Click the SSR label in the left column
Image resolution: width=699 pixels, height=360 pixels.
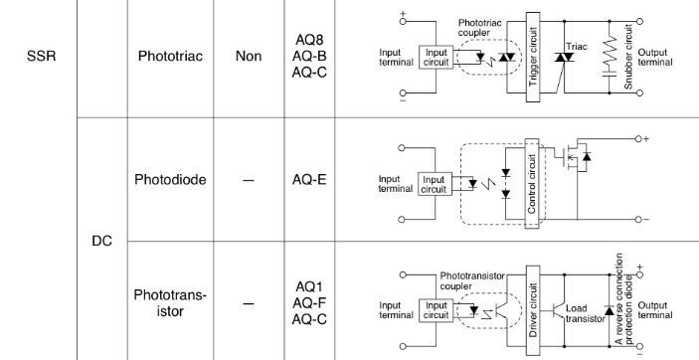click(x=42, y=57)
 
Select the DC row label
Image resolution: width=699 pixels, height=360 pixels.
click(x=101, y=241)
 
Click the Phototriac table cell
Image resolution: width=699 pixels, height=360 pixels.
click(x=170, y=57)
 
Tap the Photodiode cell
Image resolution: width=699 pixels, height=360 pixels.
click(x=170, y=179)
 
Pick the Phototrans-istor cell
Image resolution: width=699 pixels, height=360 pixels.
click(x=170, y=303)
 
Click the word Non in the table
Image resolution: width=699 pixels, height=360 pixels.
click(x=249, y=57)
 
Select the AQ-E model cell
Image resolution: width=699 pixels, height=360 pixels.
click(x=309, y=179)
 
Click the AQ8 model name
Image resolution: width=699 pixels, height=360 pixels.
click(x=309, y=40)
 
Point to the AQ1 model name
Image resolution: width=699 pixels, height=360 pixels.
click(x=309, y=286)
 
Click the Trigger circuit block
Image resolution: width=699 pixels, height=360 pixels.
click(x=533, y=57)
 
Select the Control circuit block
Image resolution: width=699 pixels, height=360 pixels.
click(x=532, y=183)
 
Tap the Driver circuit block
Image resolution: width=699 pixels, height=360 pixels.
click(x=533, y=310)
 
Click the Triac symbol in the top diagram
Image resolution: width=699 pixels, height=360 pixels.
click(x=565, y=57)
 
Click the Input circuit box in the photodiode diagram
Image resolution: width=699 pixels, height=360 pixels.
click(x=435, y=184)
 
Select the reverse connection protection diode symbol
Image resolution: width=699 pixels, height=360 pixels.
click(x=610, y=311)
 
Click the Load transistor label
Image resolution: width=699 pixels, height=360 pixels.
click(x=586, y=313)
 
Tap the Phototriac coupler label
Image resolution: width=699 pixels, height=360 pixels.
click(x=479, y=27)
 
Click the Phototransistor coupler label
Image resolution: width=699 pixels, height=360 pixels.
click(x=472, y=281)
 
